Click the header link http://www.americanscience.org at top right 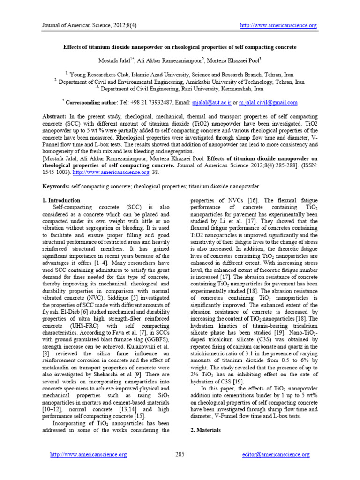(278, 25)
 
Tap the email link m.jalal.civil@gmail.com (268, 102)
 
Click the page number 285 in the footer (180, 454)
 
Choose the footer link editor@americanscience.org (276, 454)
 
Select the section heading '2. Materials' (206, 429)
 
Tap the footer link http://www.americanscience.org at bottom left (89, 454)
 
